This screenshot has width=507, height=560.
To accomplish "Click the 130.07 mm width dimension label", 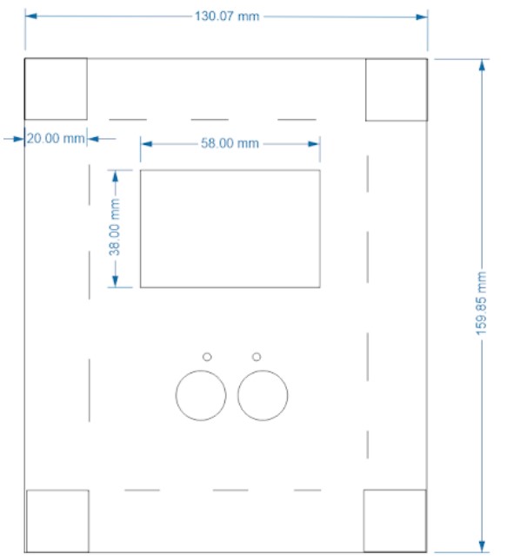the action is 227,16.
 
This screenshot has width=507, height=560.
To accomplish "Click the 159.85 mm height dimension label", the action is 482,303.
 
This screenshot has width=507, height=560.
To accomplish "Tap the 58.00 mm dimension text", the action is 230,143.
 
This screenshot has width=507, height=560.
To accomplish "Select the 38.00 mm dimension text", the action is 115,227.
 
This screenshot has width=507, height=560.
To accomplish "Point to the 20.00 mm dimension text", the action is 56,139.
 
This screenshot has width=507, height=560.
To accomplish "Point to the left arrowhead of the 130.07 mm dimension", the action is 30,16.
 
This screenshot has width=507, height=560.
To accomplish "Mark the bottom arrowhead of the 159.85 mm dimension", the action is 482,546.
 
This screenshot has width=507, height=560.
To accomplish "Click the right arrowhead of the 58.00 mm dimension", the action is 314,144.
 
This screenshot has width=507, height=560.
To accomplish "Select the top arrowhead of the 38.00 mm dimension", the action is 115,176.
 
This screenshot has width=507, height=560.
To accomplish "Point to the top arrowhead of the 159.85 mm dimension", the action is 482,65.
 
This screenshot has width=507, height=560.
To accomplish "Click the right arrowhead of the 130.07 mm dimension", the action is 422,16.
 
